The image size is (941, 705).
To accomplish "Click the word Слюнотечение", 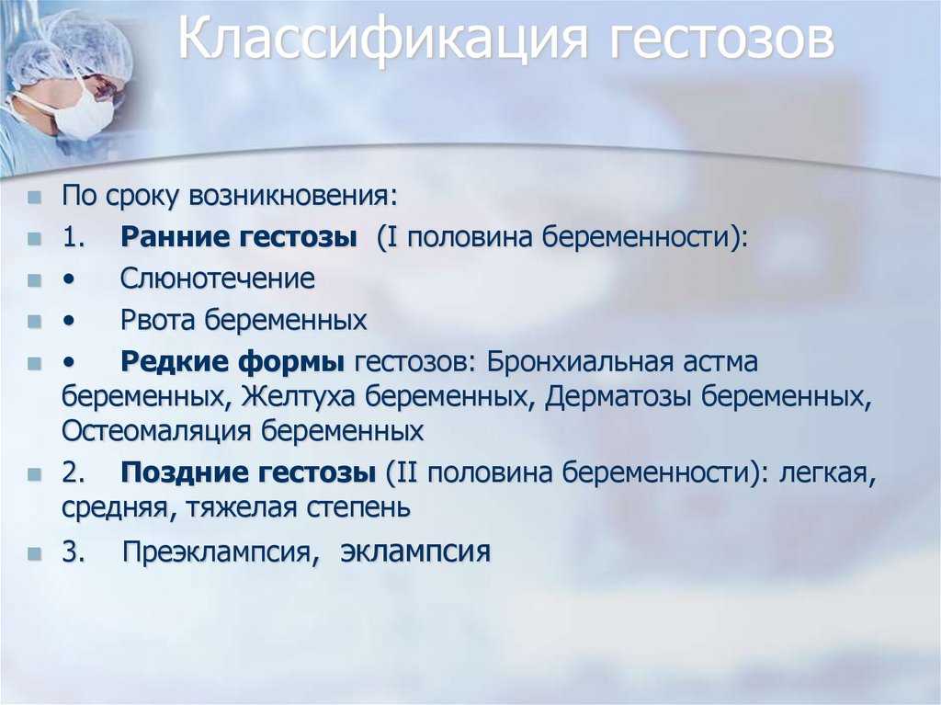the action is [217, 279].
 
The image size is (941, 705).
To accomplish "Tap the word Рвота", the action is [158, 320].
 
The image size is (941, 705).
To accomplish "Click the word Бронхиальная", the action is [580, 362].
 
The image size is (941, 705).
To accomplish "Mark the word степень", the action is [358, 508].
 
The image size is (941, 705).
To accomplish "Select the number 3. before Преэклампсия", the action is [74, 551].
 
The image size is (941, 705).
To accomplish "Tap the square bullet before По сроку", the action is [34, 197].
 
